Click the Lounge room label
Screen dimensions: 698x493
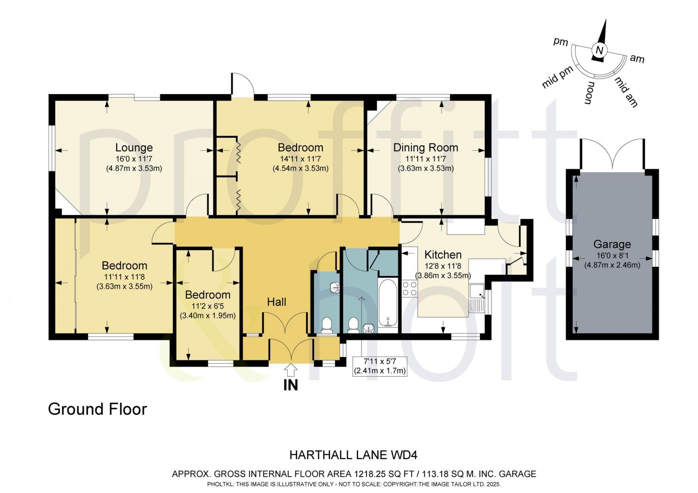pyautogui.click(x=134, y=148)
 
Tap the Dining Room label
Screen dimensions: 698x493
pyautogui.click(x=426, y=148)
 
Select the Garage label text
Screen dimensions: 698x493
pyautogui.click(x=612, y=244)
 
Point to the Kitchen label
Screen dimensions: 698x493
pyautogui.click(x=443, y=255)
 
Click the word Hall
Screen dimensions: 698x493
pyautogui.click(x=277, y=302)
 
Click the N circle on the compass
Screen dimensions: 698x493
pyautogui.click(x=599, y=50)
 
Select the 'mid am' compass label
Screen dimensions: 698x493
pyautogui.click(x=626, y=92)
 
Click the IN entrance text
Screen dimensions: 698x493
pyautogui.click(x=290, y=385)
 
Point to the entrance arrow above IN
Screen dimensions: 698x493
pyautogui.click(x=290, y=371)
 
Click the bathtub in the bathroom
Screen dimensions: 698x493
pyautogui.click(x=388, y=303)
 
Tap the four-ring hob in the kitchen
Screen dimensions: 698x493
pyautogui.click(x=409, y=288)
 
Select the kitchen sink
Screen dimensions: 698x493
pyautogui.click(x=477, y=298)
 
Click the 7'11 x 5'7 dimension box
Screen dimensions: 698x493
pyautogui.click(x=380, y=366)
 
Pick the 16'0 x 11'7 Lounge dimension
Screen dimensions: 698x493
pyautogui.click(x=134, y=159)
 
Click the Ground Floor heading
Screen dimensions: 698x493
pyautogui.click(x=97, y=409)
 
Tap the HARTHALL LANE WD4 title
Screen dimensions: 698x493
pyautogui.click(x=353, y=455)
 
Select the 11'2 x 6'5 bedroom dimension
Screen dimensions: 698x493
pyautogui.click(x=208, y=306)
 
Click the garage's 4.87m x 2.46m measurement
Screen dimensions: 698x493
pyautogui.click(x=612, y=265)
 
